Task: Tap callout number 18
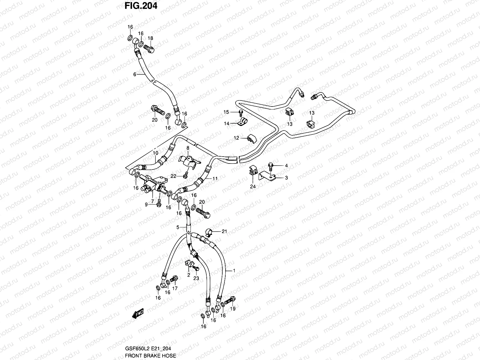(x=150, y=38)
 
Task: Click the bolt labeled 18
(x=149, y=48)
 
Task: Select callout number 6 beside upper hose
(x=135, y=74)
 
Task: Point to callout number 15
(x=226, y=112)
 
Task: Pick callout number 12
(x=236, y=138)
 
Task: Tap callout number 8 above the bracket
(x=188, y=148)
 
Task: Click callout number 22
(x=173, y=176)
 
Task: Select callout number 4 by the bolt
(x=286, y=165)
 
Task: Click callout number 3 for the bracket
(x=286, y=178)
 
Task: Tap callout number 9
(x=146, y=205)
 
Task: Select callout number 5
(x=178, y=228)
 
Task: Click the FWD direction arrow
(x=138, y=313)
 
